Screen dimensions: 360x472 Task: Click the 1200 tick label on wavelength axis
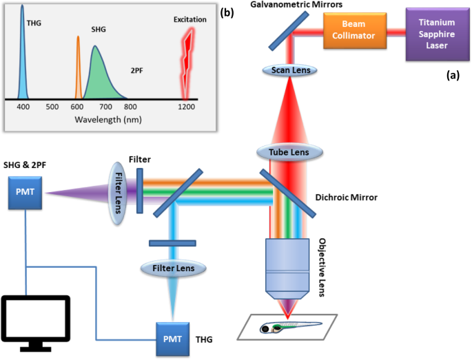[x=185, y=107]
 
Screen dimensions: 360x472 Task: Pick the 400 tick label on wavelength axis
[x=23, y=107]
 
